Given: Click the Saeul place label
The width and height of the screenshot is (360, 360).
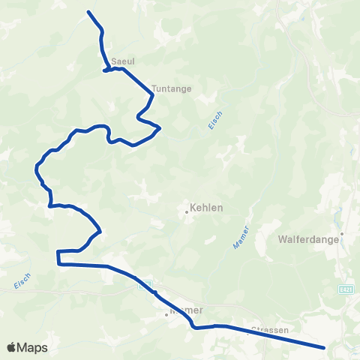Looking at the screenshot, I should [121, 61].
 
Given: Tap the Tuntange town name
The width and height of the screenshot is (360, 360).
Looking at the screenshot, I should [172, 88].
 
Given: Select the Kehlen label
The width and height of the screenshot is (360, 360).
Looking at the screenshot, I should [207, 209].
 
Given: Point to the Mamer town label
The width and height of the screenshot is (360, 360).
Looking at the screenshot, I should [187, 309].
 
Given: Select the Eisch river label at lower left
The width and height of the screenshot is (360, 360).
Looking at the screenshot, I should [22, 281].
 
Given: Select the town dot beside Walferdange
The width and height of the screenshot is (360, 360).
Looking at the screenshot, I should [341, 233].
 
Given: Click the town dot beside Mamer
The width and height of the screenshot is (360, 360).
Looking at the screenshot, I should [167, 315].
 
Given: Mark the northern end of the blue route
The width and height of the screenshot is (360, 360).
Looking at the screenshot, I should [88, 12].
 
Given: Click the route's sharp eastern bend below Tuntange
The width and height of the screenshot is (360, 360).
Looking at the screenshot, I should [160, 129].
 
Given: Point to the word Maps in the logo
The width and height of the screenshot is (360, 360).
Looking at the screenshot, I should [34, 347].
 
